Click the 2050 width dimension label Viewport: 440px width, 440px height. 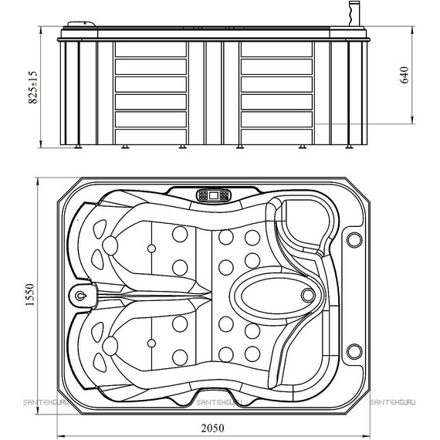pos(212,428)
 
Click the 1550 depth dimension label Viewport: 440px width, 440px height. pos(30,295)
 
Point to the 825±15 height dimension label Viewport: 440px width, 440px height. pos(32,87)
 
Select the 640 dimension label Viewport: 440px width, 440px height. pos(404,75)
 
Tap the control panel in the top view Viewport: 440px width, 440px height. pos(214,195)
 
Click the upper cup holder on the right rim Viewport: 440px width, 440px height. pos(354,239)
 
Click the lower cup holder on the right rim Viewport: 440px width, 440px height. pos(354,351)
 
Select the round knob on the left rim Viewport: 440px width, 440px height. pos(80,295)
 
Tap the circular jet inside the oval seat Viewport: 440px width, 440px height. pos(308,295)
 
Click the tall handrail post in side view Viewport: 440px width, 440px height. pos(354,13)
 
